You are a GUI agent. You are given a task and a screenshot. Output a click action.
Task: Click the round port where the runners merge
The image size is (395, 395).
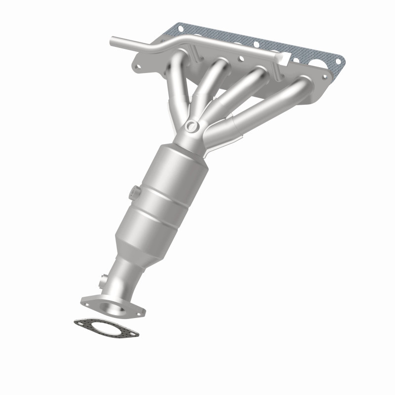pos(193,126)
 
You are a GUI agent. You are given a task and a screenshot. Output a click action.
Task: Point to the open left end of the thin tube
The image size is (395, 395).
pos(113,39)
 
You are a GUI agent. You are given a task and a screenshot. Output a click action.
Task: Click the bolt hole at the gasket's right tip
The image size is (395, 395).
pos(339,62)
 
